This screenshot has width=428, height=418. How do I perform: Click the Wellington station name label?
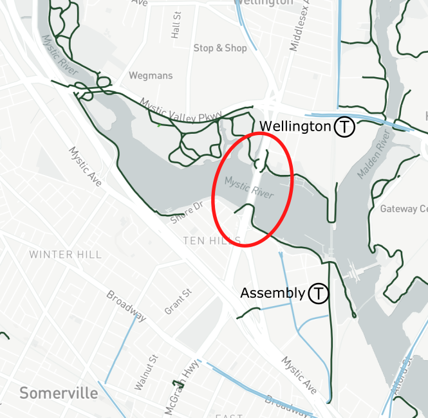click(x=295, y=126)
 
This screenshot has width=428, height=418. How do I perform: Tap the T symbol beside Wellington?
click(x=344, y=127)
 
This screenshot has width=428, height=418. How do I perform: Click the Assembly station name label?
click(x=272, y=293)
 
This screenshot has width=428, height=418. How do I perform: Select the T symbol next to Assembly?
click(x=318, y=294)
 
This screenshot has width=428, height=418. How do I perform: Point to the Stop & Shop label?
click(x=220, y=48)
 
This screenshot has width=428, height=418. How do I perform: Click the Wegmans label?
click(x=151, y=76)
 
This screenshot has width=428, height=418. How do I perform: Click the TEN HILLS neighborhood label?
click(x=212, y=241)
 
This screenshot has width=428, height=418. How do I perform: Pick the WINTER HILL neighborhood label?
click(x=65, y=255)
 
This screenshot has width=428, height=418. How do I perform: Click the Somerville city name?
click(x=59, y=392)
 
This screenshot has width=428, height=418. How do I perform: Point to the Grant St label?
click(x=178, y=302)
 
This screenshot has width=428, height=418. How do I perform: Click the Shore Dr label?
click(x=187, y=212)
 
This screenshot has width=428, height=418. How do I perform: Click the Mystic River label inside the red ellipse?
click(x=249, y=187)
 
